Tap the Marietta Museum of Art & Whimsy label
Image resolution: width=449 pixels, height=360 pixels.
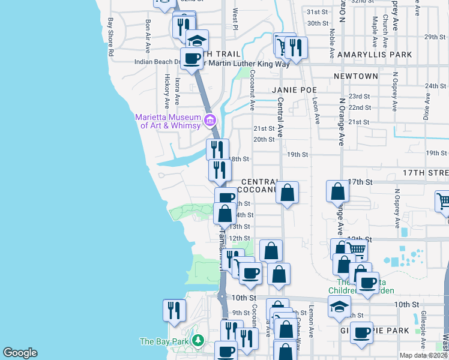point(170,121)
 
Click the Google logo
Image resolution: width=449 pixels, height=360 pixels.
point(20,353)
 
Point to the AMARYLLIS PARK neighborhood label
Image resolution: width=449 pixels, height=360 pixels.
point(375,55)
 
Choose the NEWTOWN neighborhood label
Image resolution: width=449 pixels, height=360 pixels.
point(357,76)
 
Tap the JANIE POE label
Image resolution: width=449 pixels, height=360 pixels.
point(294,90)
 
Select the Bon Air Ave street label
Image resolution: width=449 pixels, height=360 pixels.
point(148,36)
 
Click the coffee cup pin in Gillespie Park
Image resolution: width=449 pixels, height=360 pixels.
point(362,332)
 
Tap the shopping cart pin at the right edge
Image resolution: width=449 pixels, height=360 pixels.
point(443,202)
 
